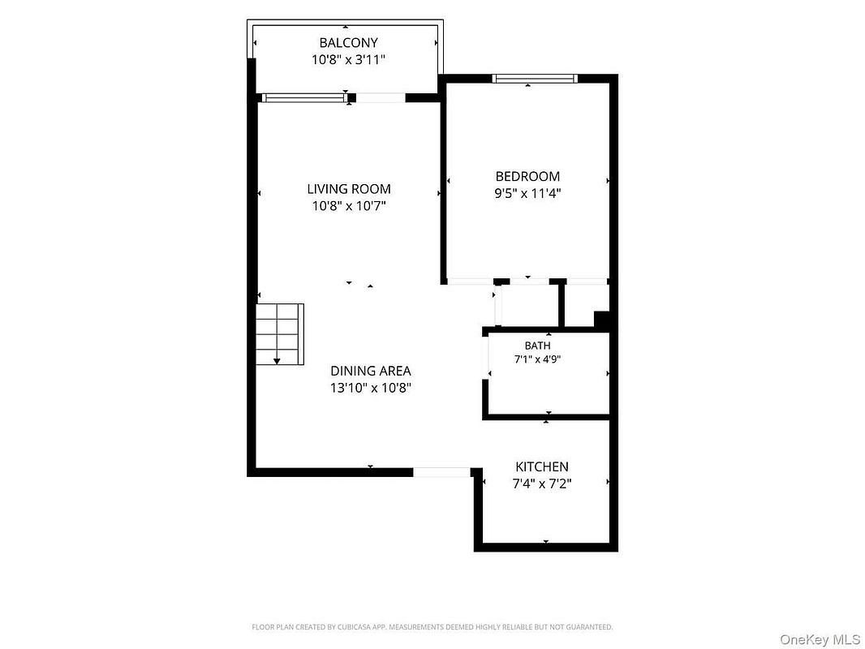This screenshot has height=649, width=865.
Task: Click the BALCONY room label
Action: point(348,42)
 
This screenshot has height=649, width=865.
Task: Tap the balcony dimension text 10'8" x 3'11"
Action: point(348,59)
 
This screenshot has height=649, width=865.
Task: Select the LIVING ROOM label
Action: point(349,188)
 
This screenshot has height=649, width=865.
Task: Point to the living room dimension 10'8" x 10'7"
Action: point(349,206)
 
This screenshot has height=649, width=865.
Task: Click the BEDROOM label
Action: point(527,177)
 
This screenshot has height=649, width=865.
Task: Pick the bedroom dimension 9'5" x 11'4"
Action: point(527,194)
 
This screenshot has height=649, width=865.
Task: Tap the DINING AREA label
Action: point(371,371)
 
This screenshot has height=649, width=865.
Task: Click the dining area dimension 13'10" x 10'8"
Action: point(371,388)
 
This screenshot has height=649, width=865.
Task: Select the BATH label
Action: point(537,346)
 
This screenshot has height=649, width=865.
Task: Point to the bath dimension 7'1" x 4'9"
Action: point(537,359)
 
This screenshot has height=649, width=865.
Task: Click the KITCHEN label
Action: point(542,466)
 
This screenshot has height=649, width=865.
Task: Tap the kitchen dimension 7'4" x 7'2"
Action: point(542,484)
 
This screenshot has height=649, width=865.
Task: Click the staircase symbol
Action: point(280,334)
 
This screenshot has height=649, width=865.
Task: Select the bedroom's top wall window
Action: point(535,79)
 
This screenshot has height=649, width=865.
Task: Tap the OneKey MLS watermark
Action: point(820,639)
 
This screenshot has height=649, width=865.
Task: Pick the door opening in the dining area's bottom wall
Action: point(441,472)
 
